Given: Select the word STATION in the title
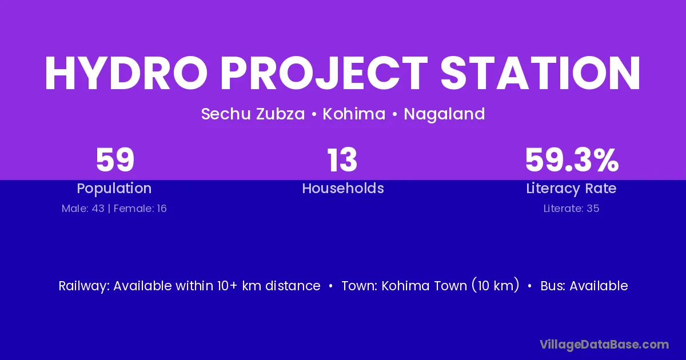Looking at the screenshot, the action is (540, 73).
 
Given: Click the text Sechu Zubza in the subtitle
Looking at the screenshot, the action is (253, 114).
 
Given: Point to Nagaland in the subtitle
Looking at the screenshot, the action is (444, 114).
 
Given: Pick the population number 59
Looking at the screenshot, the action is (115, 160).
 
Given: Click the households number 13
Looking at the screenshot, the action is (342, 160).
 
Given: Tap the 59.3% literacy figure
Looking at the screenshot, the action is (572, 160).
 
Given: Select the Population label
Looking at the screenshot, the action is (114, 189).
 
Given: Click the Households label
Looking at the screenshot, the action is (343, 188).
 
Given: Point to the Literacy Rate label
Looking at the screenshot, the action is (571, 189).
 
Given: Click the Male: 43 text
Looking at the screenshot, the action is (83, 209).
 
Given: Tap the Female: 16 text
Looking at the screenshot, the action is (140, 209).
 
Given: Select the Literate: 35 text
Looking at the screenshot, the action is (571, 209).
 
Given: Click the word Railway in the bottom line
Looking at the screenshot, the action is (84, 286).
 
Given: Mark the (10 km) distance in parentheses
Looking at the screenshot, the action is (496, 285).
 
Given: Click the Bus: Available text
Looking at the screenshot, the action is (584, 286).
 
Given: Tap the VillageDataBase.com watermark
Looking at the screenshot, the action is (604, 345).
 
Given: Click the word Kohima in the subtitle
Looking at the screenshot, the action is (354, 114).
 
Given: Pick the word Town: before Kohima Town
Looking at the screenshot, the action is (360, 286).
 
